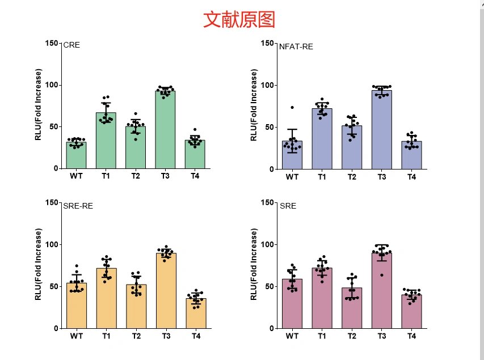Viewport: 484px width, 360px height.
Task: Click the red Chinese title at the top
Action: [x=239, y=19]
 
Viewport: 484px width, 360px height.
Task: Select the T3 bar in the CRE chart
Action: [x=165, y=130]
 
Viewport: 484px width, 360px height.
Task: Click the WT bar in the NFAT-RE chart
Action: [x=292, y=155]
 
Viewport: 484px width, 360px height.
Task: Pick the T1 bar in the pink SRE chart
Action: [x=322, y=298]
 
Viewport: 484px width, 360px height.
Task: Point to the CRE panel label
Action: [x=71, y=45]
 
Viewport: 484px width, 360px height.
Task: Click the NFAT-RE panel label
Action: [x=296, y=46]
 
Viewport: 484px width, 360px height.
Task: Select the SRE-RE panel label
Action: [x=78, y=206]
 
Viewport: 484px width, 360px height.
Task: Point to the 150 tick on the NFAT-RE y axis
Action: [x=267, y=43]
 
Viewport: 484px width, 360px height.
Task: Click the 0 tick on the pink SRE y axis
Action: [x=271, y=328]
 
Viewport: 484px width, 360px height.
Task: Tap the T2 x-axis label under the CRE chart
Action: [x=136, y=176]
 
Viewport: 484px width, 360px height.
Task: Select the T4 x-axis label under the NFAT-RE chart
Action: [x=411, y=177]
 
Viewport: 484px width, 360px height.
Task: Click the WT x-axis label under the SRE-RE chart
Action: [x=77, y=336]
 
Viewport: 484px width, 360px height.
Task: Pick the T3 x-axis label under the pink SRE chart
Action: [x=381, y=336]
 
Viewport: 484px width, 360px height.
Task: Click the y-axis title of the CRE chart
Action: [x=39, y=105]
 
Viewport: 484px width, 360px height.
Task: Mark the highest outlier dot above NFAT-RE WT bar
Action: [x=292, y=107]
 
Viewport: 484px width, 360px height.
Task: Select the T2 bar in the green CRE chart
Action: [x=136, y=147]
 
